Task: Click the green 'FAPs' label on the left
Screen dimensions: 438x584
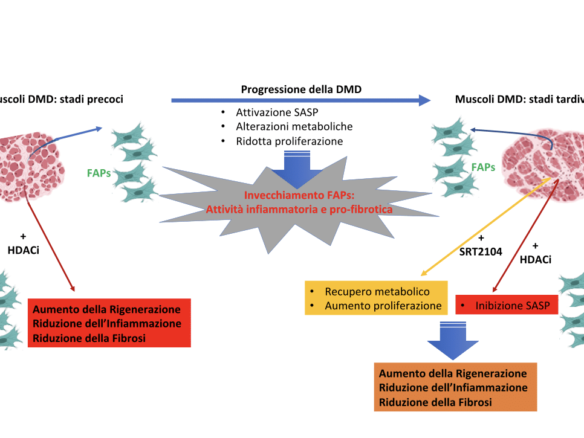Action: pyautogui.click(x=99, y=173)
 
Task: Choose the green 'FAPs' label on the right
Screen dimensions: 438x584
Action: pyautogui.click(x=483, y=167)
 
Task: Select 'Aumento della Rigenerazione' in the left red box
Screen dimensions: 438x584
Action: pyautogui.click(x=107, y=309)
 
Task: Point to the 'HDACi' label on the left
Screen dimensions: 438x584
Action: pyautogui.click(x=24, y=250)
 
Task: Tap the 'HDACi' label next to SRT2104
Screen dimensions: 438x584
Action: pyautogui.click(x=535, y=259)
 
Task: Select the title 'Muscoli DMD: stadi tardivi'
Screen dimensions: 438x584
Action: pyautogui.click(x=519, y=99)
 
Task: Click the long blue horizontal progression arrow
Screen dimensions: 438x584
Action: pyautogui.click(x=302, y=100)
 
